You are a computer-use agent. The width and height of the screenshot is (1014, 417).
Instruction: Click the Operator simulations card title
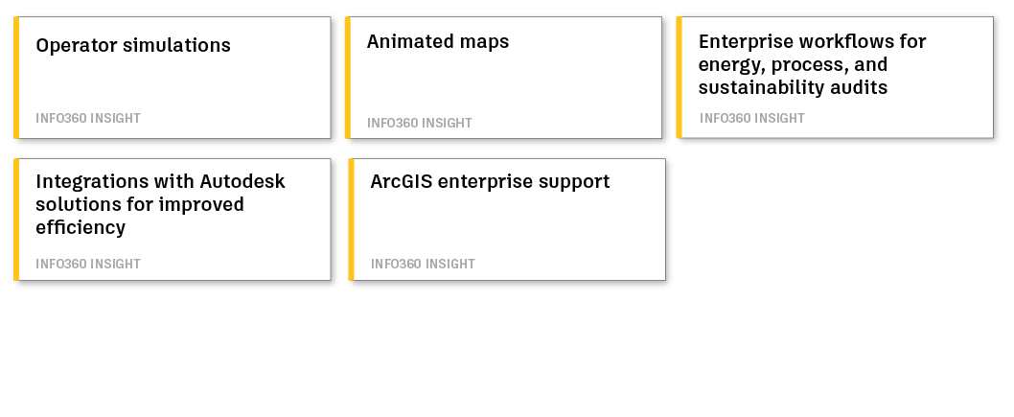133,46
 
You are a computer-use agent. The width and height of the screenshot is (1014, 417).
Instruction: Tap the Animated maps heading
438,42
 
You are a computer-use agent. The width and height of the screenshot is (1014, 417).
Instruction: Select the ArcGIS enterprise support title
490,182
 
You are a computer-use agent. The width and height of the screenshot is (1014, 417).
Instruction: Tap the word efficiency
81,228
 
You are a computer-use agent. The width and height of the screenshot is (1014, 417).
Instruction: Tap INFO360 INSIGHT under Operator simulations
88,118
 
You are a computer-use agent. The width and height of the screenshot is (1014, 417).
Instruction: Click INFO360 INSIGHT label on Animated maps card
420,123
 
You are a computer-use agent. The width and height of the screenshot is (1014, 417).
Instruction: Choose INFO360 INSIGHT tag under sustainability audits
752,118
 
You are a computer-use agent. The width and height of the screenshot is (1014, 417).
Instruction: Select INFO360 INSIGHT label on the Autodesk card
88,264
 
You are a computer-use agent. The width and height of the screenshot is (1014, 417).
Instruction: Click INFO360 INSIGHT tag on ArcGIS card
423,264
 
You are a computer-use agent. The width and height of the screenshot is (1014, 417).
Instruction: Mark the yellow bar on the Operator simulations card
16,78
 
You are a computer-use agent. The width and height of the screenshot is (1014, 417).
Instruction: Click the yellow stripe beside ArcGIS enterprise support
351,220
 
